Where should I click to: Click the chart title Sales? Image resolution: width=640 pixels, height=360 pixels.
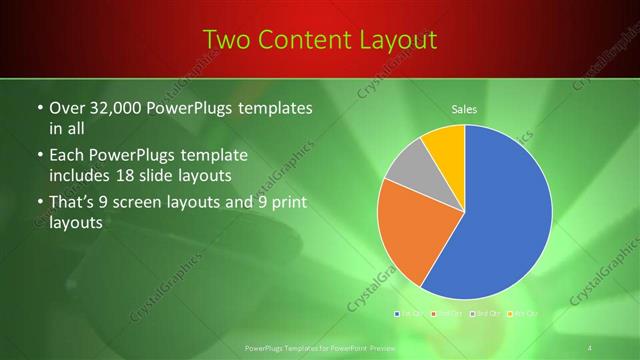[x=464, y=108]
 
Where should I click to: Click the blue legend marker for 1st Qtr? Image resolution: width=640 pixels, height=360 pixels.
[x=398, y=315]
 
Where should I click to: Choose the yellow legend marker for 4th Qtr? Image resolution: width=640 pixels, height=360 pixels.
[x=509, y=315]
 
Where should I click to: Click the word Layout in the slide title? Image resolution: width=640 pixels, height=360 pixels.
[x=390, y=40]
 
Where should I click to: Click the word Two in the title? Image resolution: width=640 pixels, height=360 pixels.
[x=226, y=40]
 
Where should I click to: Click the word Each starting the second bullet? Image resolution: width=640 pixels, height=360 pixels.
[x=67, y=155]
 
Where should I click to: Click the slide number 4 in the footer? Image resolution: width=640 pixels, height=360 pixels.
[x=590, y=346]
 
